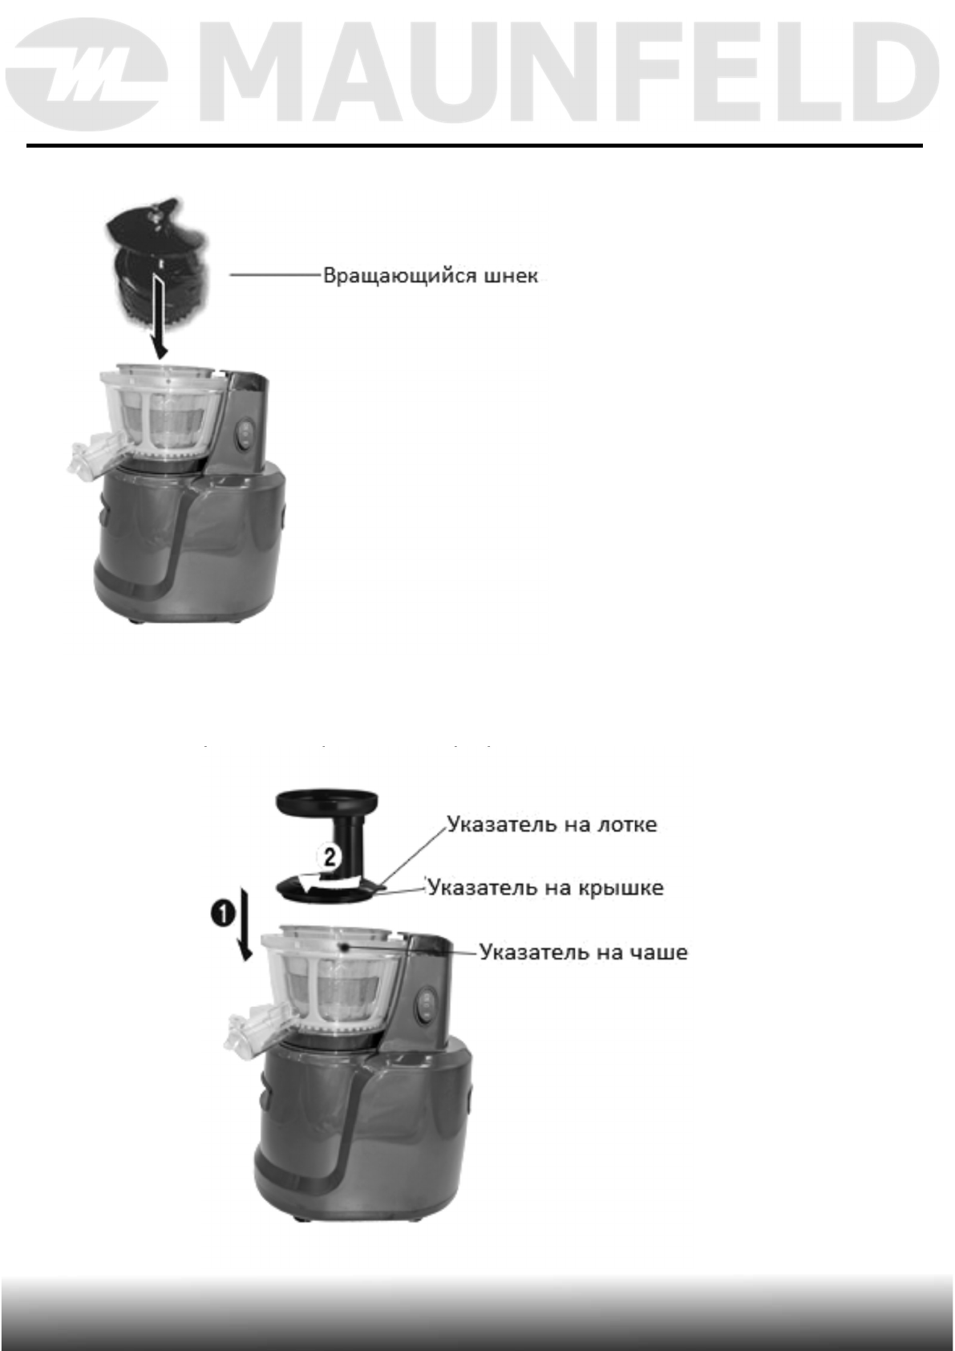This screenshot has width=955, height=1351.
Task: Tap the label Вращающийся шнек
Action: pos(430,276)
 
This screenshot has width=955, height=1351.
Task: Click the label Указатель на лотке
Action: pos(552,824)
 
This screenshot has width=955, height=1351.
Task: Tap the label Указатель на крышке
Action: pos(545,887)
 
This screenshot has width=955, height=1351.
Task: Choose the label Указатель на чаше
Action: pos(583,952)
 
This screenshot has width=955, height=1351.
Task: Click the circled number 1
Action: pos(223,914)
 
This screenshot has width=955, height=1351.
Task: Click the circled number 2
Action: pos(330,857)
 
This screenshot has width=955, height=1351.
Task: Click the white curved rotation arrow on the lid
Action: pos(317,882)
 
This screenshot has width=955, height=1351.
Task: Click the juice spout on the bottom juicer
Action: pos(249,1030)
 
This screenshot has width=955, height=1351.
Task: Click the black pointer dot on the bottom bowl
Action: pos(343,947)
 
